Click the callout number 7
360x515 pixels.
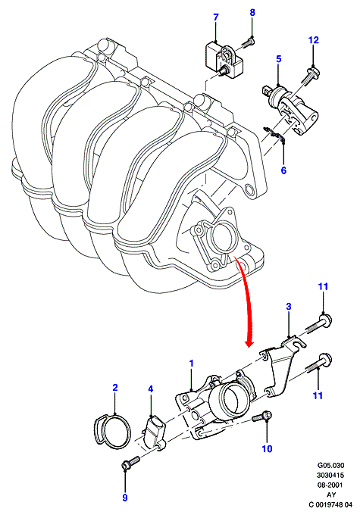(x=216, y=17)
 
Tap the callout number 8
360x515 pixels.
(x=252, y=12)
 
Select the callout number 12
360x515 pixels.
(x=314, y=40)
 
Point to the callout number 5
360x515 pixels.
(x=279, y=59)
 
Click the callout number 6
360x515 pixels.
(x=283, y=170)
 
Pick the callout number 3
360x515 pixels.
(x=289, y=307)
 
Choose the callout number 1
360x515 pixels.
(x=191, y=364)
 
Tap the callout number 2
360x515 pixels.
(x=115, y=388)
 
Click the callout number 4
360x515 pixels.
(x=151, y=389)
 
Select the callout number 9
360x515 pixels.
(x=124, y=498)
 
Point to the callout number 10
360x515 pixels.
(x=267, y=448)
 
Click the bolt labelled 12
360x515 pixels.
(x=306, y=76)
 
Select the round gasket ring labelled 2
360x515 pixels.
(x=111, y=432)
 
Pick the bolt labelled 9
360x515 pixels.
(x=130, y=463)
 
